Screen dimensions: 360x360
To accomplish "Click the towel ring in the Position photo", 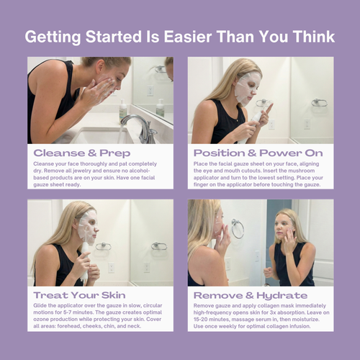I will [x=319, y=102].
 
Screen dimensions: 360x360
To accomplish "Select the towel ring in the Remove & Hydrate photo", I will [x=237, y=228].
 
